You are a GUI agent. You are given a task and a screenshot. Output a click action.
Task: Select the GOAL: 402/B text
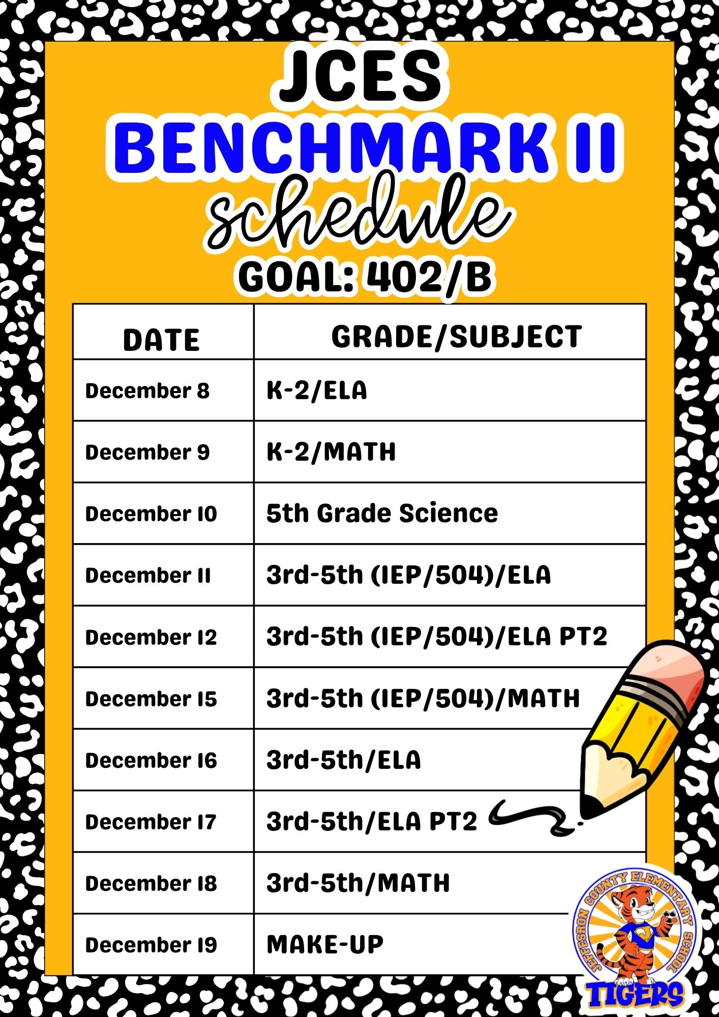(x=365, y=277)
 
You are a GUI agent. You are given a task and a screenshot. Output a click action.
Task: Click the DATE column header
(x=162, y=340)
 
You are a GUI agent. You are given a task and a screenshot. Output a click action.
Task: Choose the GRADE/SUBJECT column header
(x=457, y=337)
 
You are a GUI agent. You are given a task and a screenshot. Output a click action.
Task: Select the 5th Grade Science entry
(x=382, y=513)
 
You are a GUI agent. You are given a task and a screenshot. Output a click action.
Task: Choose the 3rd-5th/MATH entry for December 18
(x=358, y=883)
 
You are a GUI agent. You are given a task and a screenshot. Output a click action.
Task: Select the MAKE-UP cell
(x=325, y=945)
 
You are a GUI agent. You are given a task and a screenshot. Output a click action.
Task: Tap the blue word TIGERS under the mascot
(x=636, y=995)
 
